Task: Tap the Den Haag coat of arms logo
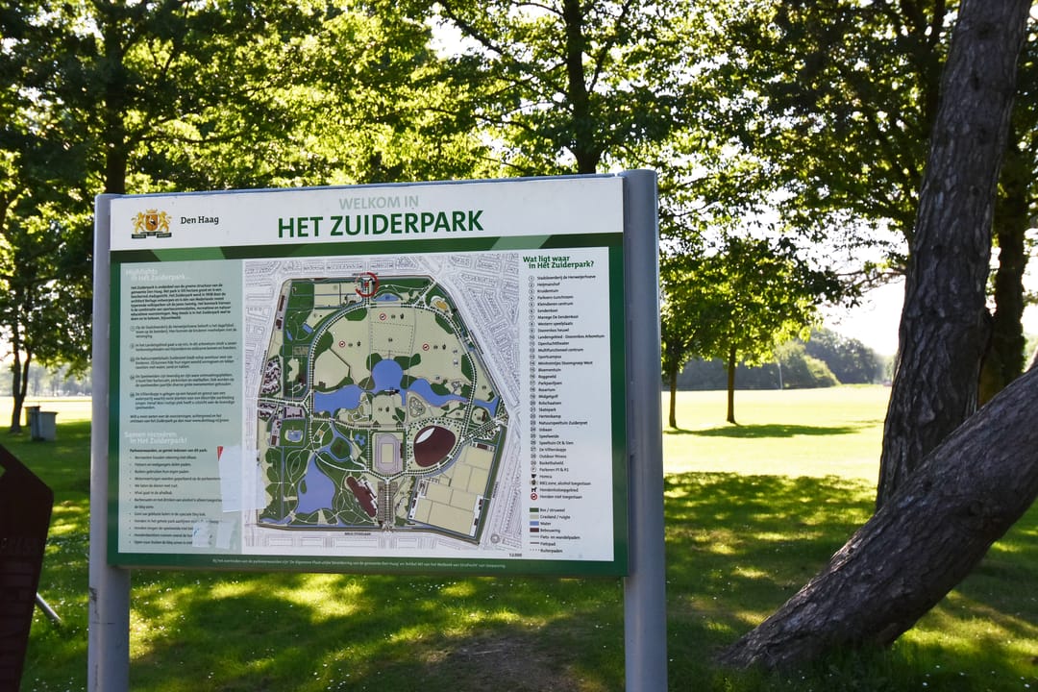151,223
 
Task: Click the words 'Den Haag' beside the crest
199,220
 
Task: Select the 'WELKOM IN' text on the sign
378,203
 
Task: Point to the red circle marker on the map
366,284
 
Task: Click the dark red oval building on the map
433,446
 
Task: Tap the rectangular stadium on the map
387,454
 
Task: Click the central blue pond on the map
386,375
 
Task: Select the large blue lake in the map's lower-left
314,490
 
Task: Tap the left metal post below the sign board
109,630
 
